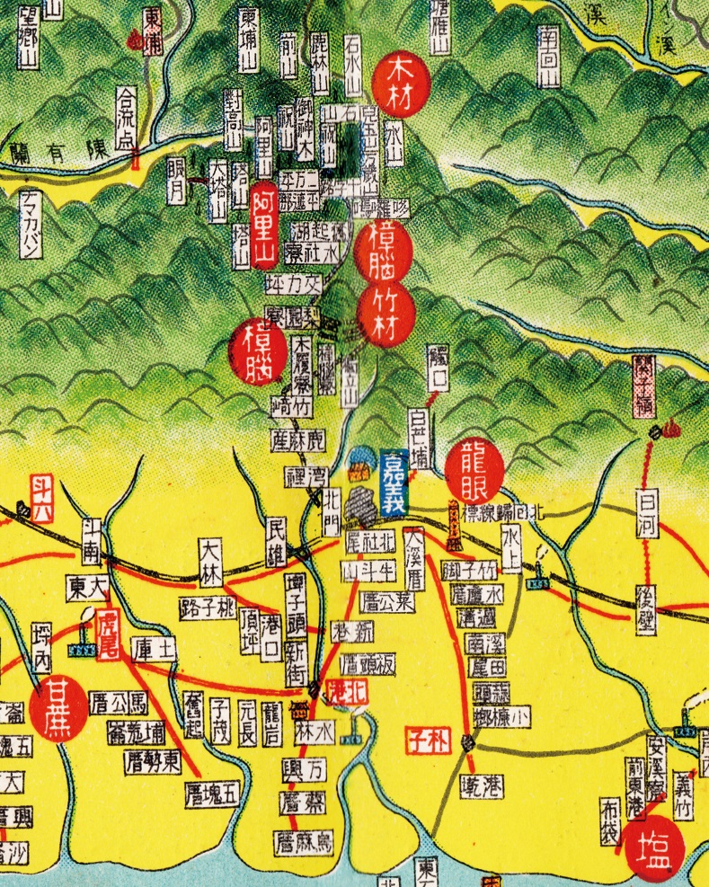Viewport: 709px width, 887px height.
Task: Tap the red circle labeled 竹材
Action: coord(386,311)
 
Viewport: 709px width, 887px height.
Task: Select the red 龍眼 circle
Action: coord(474,468)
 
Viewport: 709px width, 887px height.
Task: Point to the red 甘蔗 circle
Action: coord(58,707)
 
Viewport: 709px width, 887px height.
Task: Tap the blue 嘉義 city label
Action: coord(394,482)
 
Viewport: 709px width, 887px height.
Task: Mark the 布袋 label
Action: coord(615,818)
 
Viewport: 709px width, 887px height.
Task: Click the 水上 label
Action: coord(511,546)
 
